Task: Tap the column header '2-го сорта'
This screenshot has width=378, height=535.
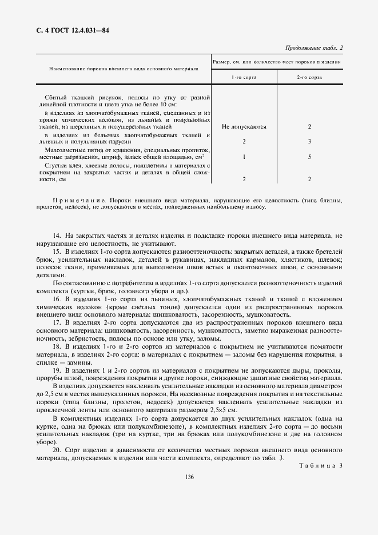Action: coord(309,76)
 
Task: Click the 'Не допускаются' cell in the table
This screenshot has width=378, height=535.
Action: coord(244,126)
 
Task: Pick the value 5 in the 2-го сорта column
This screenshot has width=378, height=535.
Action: coord(309,156)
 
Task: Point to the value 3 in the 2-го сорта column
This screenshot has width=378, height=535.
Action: coord(309,141)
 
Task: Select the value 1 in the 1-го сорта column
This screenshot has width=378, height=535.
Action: coord(244,156)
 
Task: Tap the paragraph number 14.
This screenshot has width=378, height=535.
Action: coord(56,236)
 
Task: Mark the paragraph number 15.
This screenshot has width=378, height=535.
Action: coord(56,251)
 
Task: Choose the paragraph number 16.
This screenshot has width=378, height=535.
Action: coord(56,298)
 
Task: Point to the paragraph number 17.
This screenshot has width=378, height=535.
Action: coord(56,322)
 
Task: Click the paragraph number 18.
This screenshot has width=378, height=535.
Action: coord(56,346)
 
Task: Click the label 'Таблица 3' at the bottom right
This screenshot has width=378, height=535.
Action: coord(320,465)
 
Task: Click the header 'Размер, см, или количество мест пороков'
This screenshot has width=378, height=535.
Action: coord(277,61)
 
